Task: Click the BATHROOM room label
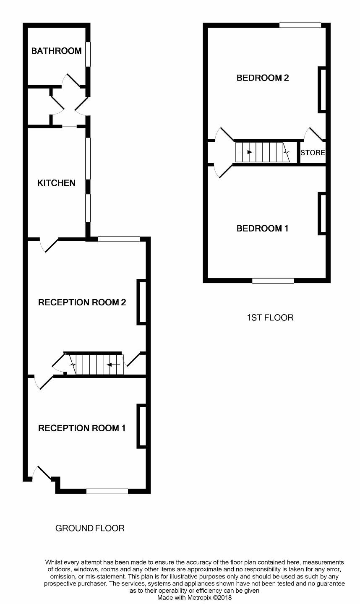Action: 56,51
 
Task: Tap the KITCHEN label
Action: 56,183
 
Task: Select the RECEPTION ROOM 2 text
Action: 82,302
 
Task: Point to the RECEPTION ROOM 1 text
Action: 82,428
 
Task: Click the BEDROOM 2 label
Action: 263,78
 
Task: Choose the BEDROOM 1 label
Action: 262,228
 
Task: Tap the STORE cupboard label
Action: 313,153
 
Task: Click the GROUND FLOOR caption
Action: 90,528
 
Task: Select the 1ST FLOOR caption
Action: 270,318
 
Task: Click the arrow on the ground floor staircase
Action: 113,365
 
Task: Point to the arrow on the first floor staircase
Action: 245,152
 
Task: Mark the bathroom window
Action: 88,54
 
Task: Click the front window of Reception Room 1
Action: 107,491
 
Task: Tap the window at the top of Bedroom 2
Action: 300,25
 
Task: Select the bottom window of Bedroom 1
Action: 273,281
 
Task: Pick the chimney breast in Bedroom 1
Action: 322,213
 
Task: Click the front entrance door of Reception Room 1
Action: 42,474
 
